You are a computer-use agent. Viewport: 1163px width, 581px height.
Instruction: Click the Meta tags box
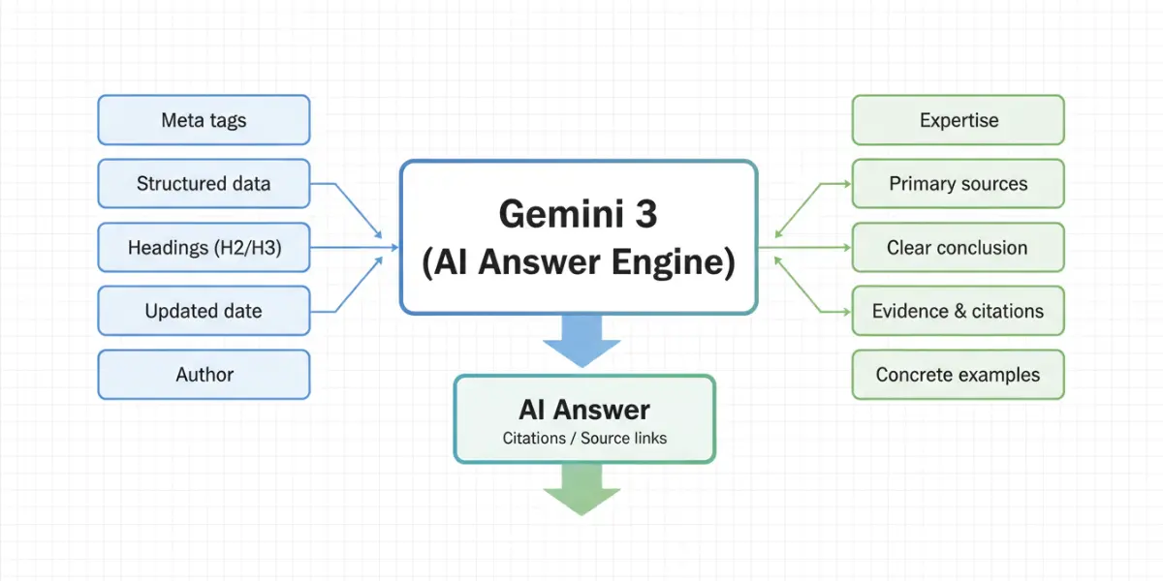coord(204,120)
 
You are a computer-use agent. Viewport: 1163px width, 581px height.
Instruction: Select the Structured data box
coord(204,184)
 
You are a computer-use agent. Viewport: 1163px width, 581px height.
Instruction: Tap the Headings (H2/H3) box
coord(204,248)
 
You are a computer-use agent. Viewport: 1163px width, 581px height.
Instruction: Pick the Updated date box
coord(204,312)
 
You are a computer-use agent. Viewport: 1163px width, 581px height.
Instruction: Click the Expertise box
coord(958,120)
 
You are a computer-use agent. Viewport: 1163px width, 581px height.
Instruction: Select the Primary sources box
coord(958,184)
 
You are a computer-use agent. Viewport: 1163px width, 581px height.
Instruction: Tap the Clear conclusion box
coord(958,248)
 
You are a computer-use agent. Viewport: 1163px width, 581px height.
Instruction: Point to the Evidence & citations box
coord(958,312)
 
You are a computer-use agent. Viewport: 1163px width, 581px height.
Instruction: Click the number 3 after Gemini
coord(644,214)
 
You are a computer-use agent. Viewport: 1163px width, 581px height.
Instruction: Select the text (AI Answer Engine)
coord(579,262)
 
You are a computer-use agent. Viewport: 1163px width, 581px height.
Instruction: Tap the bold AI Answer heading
coord(583,410)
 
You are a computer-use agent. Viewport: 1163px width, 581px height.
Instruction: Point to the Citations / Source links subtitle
coord(583,438)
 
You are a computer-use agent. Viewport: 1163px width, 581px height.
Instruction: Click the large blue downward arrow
coord(581,339)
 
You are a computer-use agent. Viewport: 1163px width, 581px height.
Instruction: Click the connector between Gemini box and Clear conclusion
coord(804,248)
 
